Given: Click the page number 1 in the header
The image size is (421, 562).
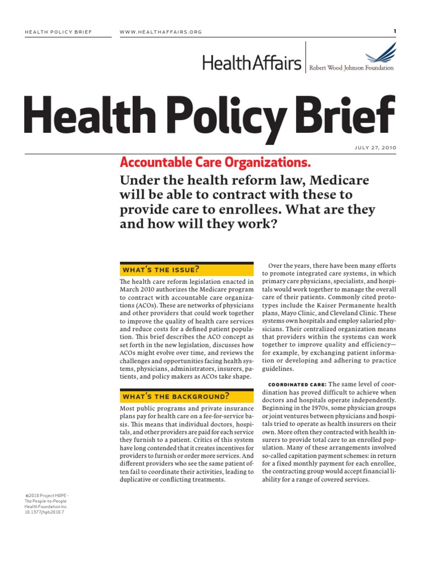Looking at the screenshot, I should (x=395, y=31).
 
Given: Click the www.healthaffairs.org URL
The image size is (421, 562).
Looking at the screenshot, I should (x=161, y=32).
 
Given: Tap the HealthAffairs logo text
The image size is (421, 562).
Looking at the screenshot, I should (x=252, y=64).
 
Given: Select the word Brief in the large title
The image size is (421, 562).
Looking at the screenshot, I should (x=351, y=117).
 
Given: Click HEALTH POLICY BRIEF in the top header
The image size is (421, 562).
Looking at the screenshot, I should (x=59, y=32).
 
